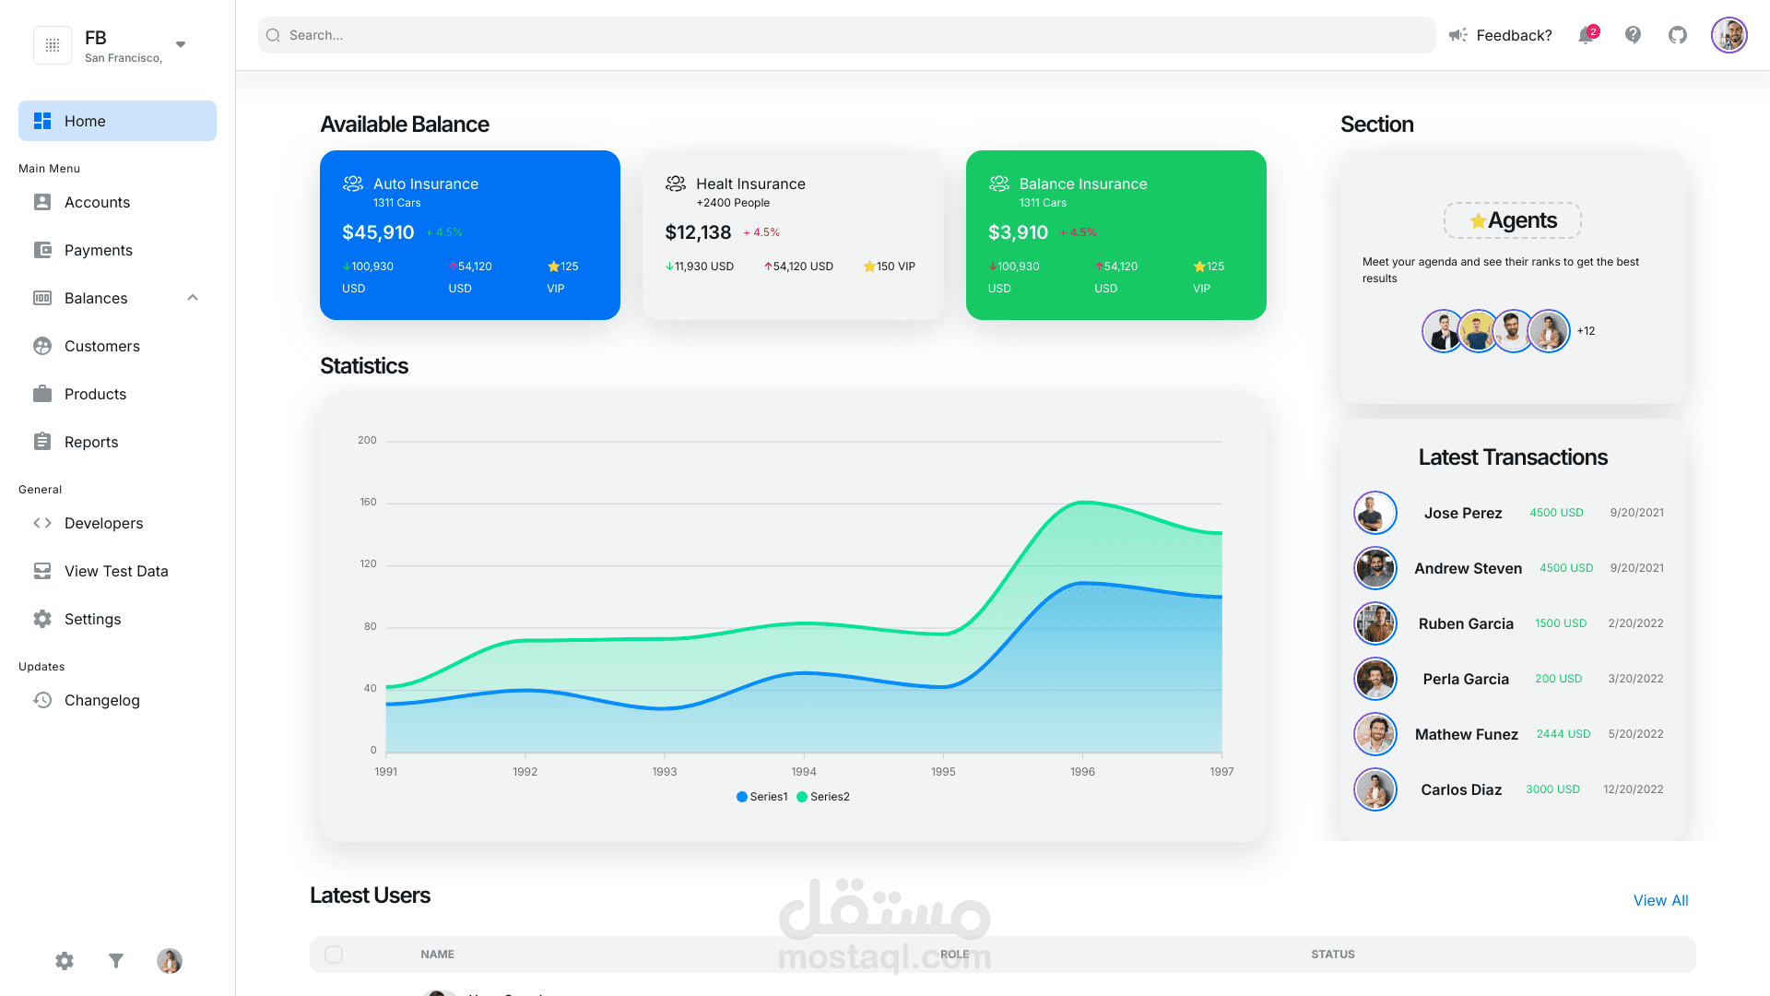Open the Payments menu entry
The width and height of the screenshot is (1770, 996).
click(98, 250)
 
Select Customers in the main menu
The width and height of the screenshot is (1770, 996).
click(101, 346)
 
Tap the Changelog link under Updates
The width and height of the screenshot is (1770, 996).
click(101, 700)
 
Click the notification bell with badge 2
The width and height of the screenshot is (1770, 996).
click(1586, 35)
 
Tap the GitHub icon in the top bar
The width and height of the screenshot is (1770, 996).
click(1678, 35)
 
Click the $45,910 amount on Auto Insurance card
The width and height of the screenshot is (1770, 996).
click(378, 232)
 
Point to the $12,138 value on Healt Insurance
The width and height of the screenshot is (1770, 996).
click(698, 232)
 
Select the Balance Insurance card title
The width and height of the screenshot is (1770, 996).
click(1082, 184)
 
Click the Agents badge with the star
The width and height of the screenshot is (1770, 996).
click(1513, 220)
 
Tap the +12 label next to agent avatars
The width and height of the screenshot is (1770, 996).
click(1586, 331)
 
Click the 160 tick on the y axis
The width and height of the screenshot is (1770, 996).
click(368, 502)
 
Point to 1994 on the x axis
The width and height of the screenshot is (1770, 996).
click(803, 771)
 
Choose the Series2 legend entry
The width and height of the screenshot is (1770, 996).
click(823, 797)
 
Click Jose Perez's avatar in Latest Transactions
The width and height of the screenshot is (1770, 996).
click(1375, 513)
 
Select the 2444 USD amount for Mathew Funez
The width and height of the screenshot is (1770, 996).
click(1563, 734)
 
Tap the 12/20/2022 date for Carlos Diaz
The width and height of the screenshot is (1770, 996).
click(1633, 789)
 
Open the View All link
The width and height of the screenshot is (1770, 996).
click(1660, 900)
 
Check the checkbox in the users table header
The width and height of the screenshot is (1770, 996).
click(334, 954)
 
